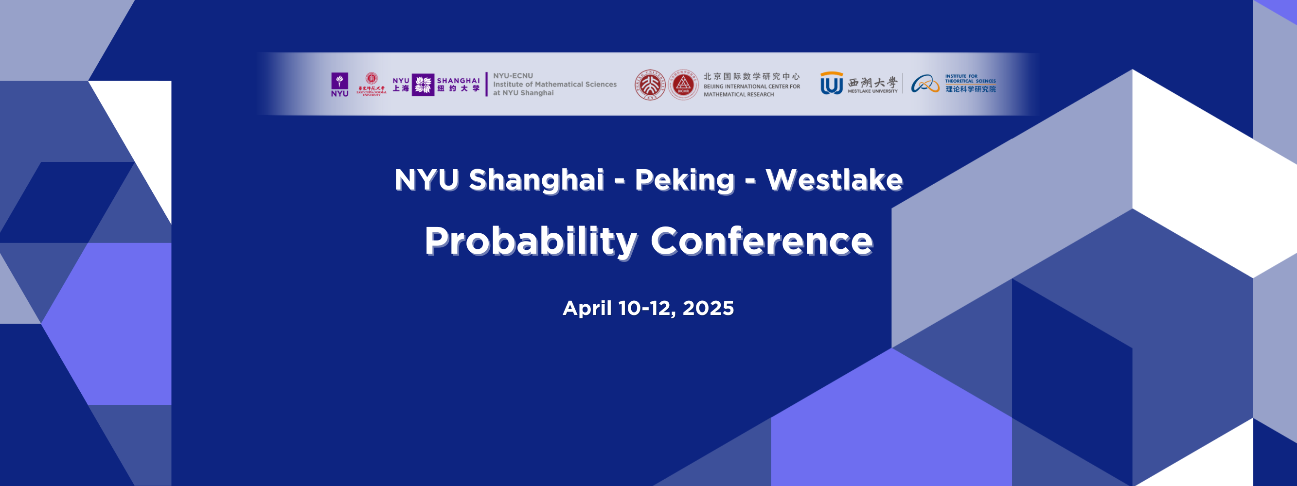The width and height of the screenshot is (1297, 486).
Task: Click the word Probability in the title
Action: point(531,242)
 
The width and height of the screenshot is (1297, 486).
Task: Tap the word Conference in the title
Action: point(761,242)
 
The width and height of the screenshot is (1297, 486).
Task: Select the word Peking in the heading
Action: point(684,180)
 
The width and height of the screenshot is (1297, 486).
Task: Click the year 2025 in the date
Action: point(708,308)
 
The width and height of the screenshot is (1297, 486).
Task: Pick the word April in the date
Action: point(587,308)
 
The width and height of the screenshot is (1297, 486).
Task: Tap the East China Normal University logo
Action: point(372,84)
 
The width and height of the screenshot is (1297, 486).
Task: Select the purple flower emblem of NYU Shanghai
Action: point(423,85)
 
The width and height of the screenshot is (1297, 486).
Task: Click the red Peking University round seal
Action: point(650,85)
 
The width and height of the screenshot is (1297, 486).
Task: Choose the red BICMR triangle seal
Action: point(683,85)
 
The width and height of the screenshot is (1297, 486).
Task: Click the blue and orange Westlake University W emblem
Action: point(831,84)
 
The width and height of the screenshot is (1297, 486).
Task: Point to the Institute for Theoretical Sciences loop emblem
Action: point(925,84)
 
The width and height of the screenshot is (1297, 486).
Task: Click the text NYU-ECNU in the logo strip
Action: point(513,76)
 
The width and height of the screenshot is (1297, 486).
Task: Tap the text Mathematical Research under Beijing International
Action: point(738,95)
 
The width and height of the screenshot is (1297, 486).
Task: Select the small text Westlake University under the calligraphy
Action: point(872,91)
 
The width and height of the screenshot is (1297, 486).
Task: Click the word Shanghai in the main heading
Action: point(536,180)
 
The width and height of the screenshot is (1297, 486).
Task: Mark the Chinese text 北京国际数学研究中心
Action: point(751,76)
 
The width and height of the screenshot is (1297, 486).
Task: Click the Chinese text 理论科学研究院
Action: point(970,89)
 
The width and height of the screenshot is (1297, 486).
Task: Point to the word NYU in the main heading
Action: point(426,180)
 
